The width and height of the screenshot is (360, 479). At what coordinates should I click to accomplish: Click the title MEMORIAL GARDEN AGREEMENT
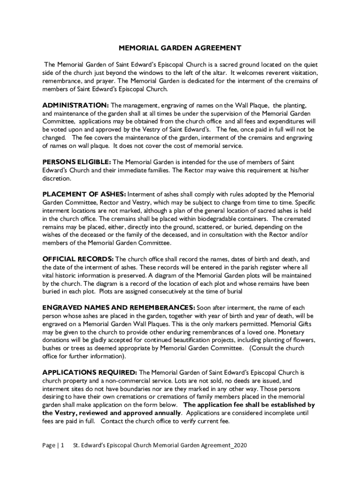(x=180, y=48)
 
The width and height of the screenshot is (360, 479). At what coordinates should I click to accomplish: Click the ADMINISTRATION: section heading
(x=75, y=105)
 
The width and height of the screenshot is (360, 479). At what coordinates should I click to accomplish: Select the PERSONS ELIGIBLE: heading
(x=77, y=162)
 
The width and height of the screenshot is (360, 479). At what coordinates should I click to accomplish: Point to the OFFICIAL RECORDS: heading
(x=78, y=259)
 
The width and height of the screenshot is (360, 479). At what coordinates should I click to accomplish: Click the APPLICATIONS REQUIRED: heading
(x=89, y=372)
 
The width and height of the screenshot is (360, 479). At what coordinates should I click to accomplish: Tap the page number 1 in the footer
(x=62, y=445)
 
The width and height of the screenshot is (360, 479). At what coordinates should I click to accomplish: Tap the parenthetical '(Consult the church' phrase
(x=277, y=348)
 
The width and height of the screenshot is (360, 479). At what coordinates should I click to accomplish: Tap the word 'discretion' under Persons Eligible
(x=57, y=178)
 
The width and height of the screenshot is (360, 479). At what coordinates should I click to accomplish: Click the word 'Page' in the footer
(x=48, y=445)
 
